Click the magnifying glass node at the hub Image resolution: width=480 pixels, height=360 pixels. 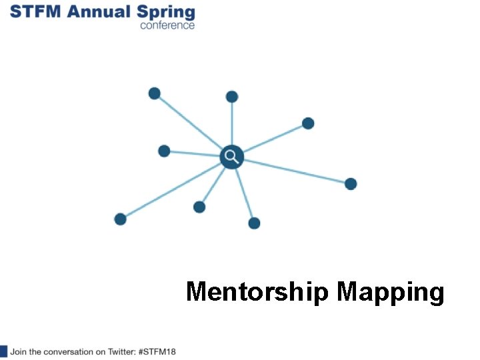pyautogui.click(x=231, y=157)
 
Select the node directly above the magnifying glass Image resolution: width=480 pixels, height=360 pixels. pyautogui.click(x=232, y=97)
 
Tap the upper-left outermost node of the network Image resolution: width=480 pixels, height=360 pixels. pyautogui.click(x=154, y=93)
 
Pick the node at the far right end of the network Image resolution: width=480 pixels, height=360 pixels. pyautogui.click(x=351, y=183)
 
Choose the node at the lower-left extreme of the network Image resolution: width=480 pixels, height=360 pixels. pyautogui.click(x=120, y=219)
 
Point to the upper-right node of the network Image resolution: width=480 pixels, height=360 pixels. pyautogui.click(x=308, y=123)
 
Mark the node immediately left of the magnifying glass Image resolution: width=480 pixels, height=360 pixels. pyautogui.click(x=164, y=151)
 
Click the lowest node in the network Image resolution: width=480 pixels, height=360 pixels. pyautogui.click(x=254, y=223)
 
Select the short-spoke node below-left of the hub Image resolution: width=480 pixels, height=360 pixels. pyautogui.click(x=199, y=207)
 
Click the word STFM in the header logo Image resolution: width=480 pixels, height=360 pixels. pyautogui.click(x=34, y=11)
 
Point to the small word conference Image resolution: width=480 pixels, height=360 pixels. pyautogui.click(x=167, y=25)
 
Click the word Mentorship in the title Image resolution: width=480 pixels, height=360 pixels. pyautogui.click(x=257, y=292)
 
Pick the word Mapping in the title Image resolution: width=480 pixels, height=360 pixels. pyautogui.click(x=391, y=293)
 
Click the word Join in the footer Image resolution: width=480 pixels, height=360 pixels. pyautogui.click(x=18, y=351)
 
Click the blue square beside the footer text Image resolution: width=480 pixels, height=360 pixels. pyautogui.click(x=3, y=351)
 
